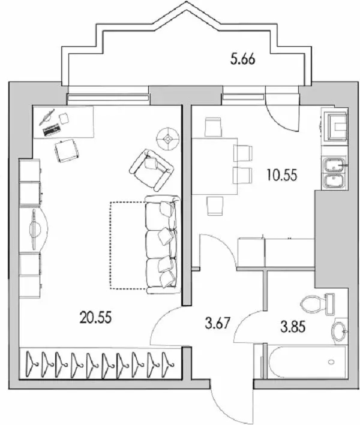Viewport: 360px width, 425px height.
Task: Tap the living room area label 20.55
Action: click(x=95, y=316)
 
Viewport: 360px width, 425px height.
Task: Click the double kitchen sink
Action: click(x=333, y=172)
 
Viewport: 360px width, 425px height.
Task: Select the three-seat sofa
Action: click(x=162, y=245)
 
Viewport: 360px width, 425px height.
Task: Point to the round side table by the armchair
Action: click(x=168, y=138)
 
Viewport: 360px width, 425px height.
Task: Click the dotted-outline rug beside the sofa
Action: click(x=127, y=245)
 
